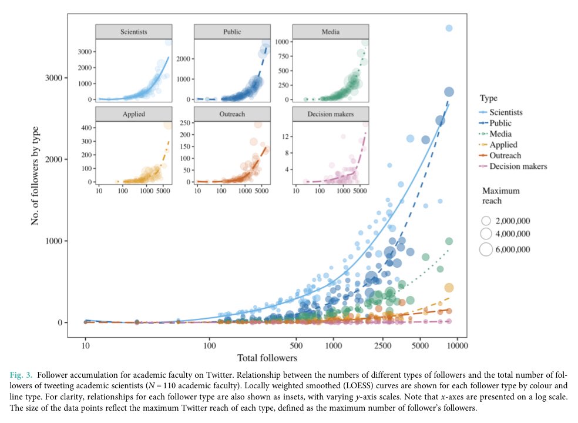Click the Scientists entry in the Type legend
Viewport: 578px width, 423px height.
pos(506,112)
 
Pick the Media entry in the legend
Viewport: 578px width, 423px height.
pos(500,134)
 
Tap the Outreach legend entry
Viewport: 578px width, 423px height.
pos(505,156)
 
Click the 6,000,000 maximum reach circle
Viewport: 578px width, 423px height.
pos(486,249)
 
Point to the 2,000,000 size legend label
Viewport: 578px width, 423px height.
pos(513,221)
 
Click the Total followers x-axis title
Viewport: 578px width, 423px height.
pos(267,358)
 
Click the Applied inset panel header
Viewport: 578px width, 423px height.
pos(134,114)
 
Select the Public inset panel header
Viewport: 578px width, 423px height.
pos(232,32)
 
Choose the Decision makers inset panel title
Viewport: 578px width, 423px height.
pos(330,114)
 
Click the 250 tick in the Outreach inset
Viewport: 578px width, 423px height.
pos(184,122)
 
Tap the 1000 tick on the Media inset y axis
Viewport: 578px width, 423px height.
pos(282,42)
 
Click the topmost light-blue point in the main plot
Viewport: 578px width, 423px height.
pos(449,28)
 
